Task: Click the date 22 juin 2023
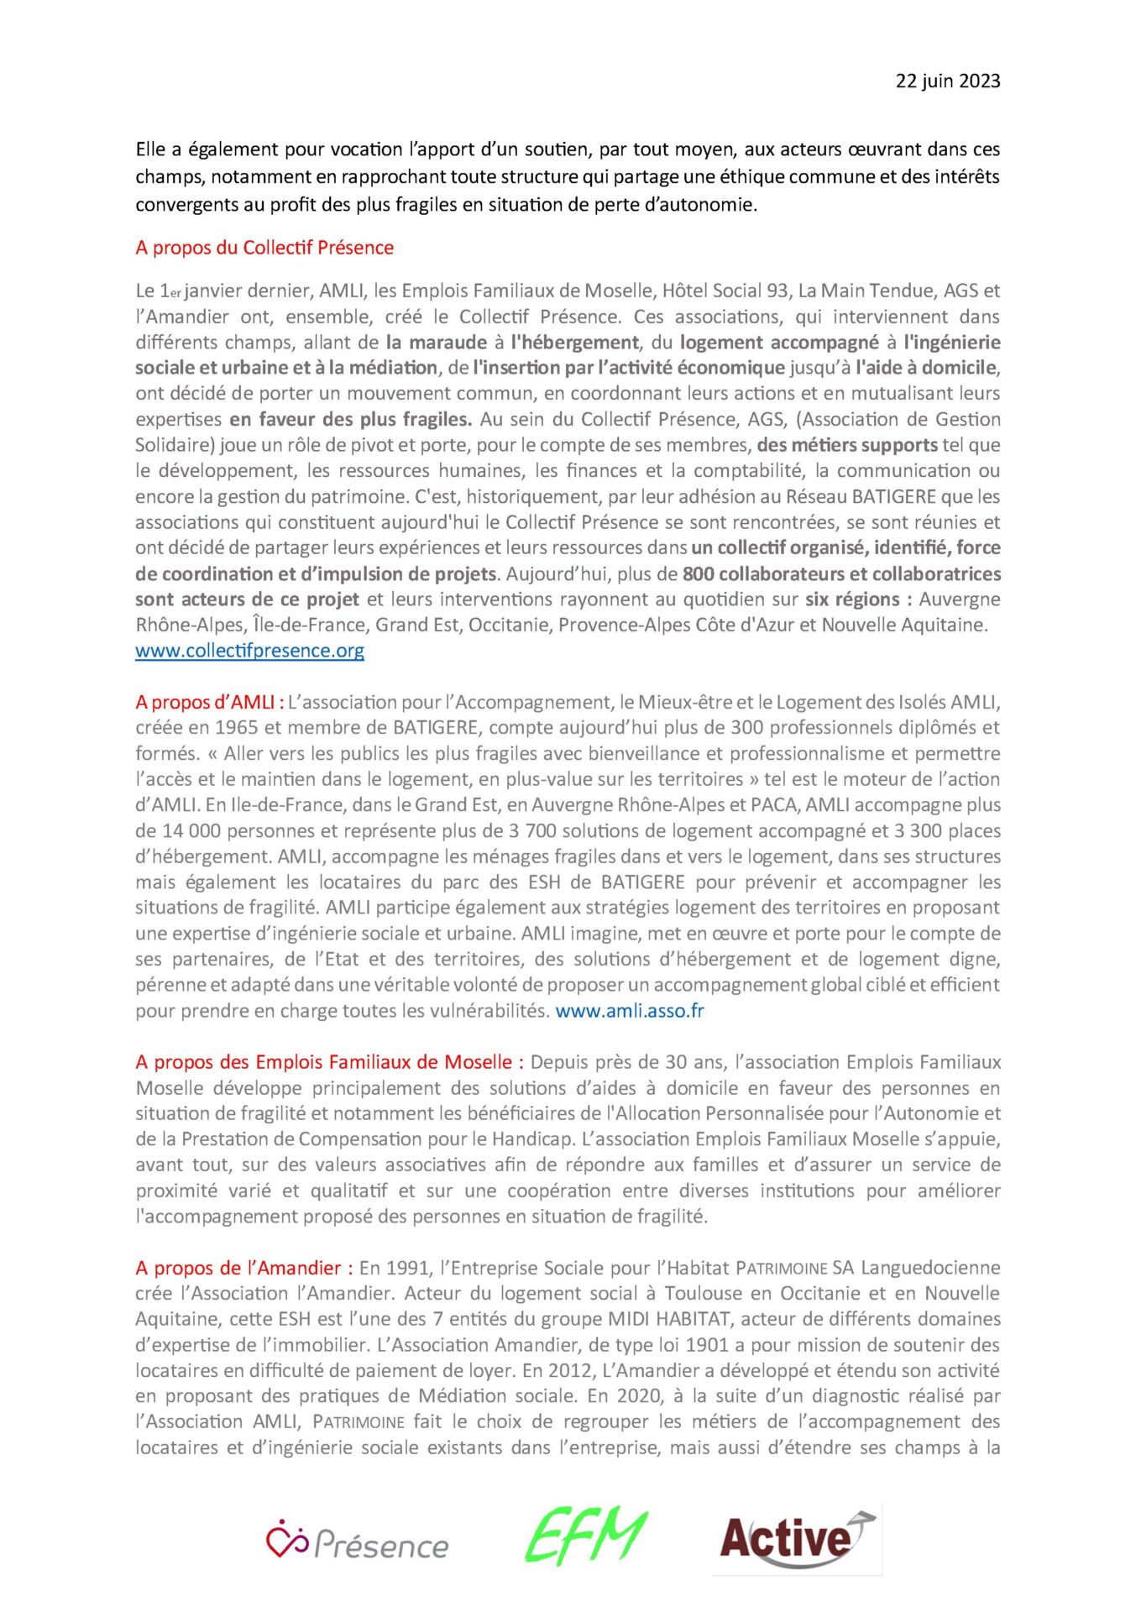[x=947, y=81]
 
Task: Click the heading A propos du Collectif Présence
[x=264, y=248]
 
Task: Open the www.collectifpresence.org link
[x=249, y=651]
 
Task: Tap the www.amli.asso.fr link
[x=630, y=1011]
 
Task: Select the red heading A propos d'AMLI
[x=209, y=702]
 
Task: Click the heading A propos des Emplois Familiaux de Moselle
[x=329, y=1062]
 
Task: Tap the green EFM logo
[x=586, y=1537]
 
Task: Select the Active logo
[x=797, y=1538]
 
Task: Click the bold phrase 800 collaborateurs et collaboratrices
[x=841, y=574]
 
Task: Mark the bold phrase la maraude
[x=437, y=343]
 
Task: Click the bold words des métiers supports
[x=846, y=445]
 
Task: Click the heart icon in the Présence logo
[x=286, y=1538]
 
